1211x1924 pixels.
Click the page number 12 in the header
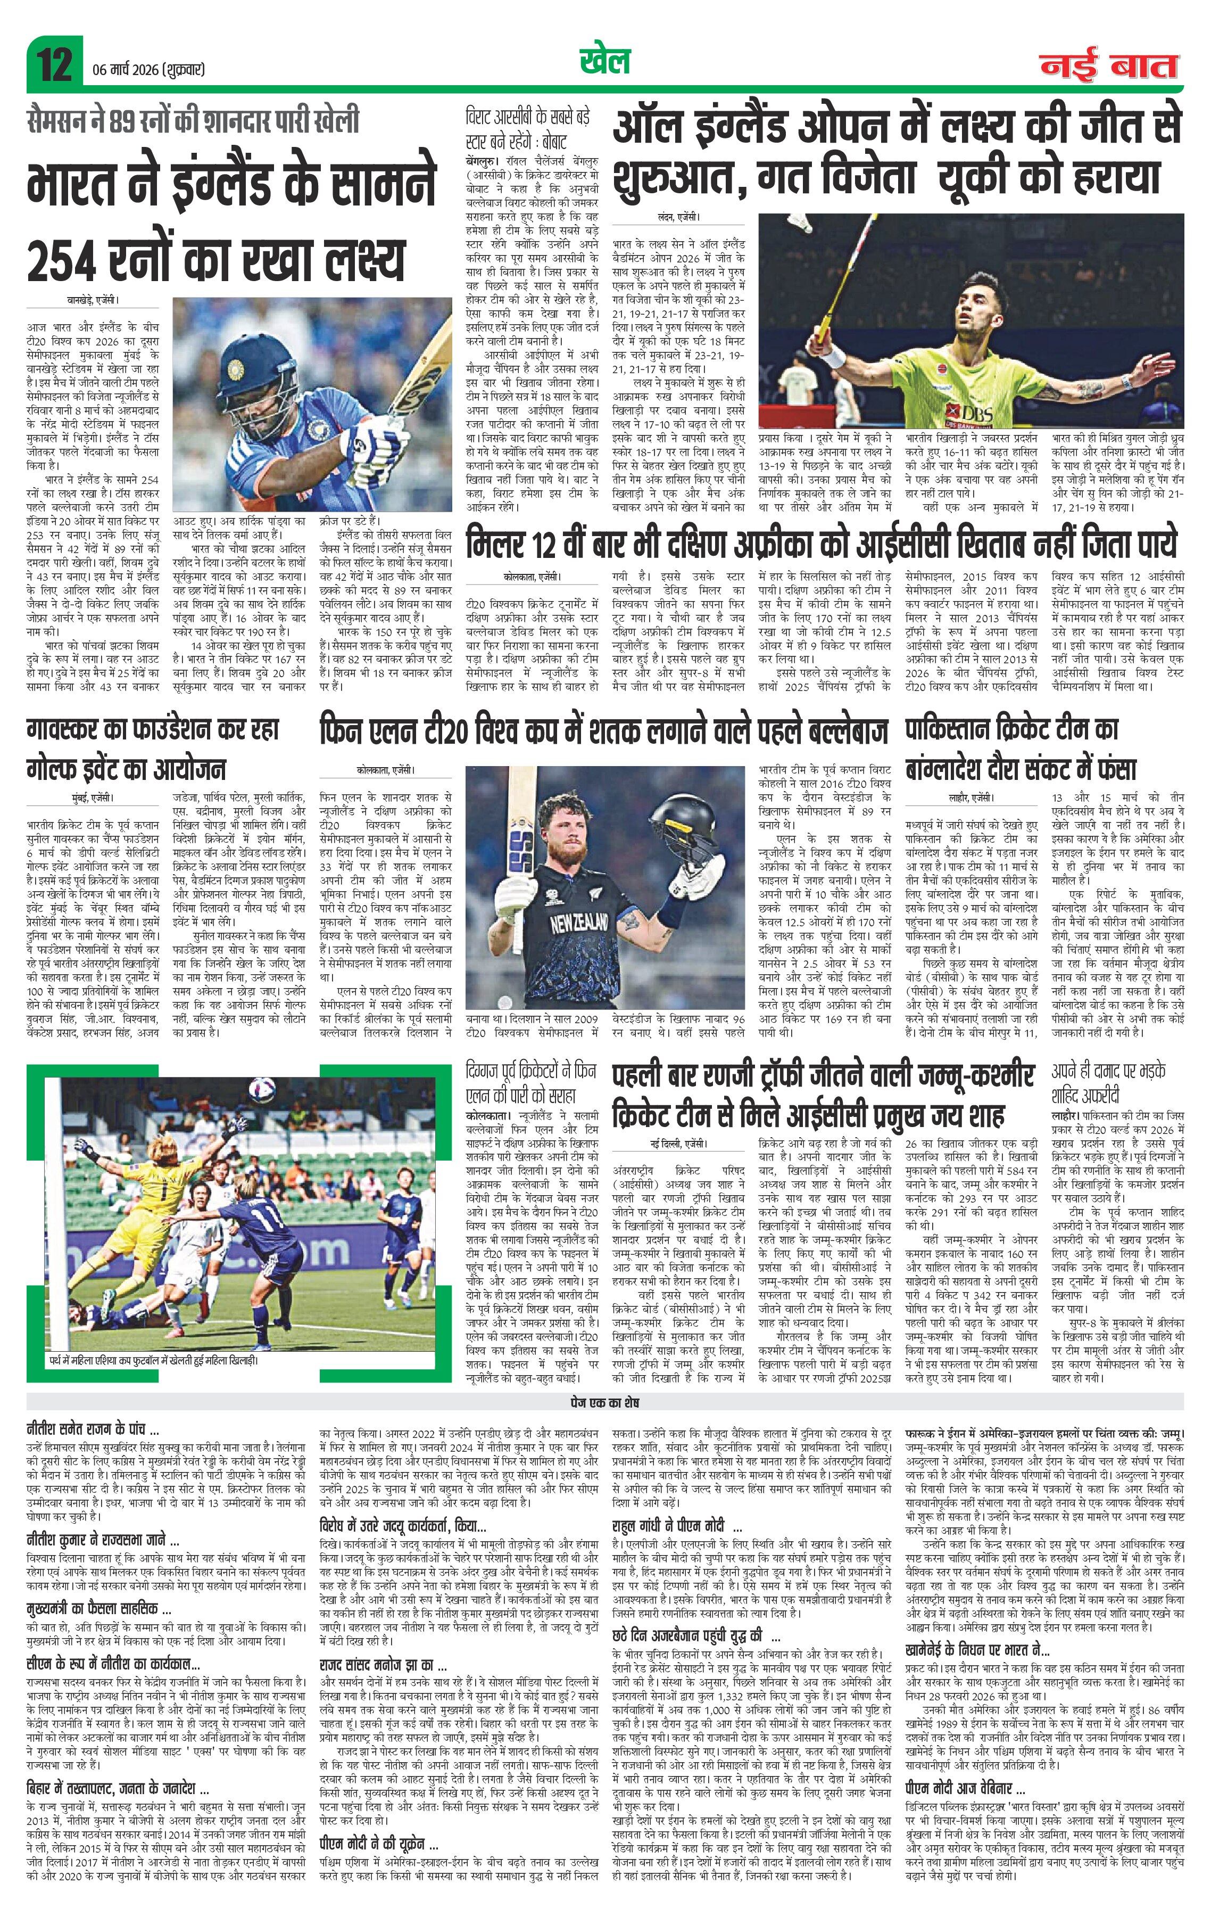(54, 64)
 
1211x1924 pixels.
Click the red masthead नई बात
(1109, 65)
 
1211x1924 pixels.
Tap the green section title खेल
(605, 61)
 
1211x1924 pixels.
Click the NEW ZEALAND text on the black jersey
(579, 924)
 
